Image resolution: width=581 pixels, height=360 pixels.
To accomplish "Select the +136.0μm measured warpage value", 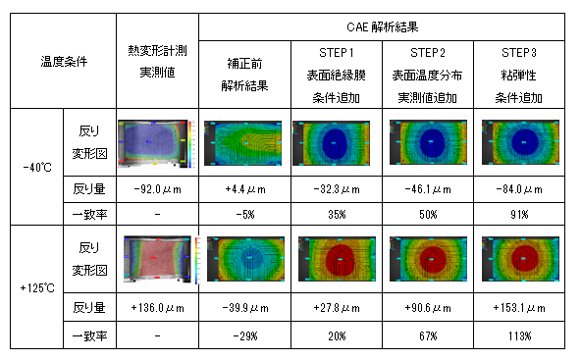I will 155,308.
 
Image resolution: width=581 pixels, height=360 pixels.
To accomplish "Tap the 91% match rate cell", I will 520,213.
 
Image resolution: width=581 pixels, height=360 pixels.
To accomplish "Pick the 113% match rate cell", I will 520,335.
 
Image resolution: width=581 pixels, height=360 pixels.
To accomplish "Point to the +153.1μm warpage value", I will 520,308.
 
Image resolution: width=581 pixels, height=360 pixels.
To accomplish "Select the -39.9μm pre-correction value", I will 244,308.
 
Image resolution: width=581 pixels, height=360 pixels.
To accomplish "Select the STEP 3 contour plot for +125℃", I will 520,261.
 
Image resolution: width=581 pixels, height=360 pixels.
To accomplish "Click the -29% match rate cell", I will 244,335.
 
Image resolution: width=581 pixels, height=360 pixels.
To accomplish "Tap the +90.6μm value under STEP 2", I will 428,308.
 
